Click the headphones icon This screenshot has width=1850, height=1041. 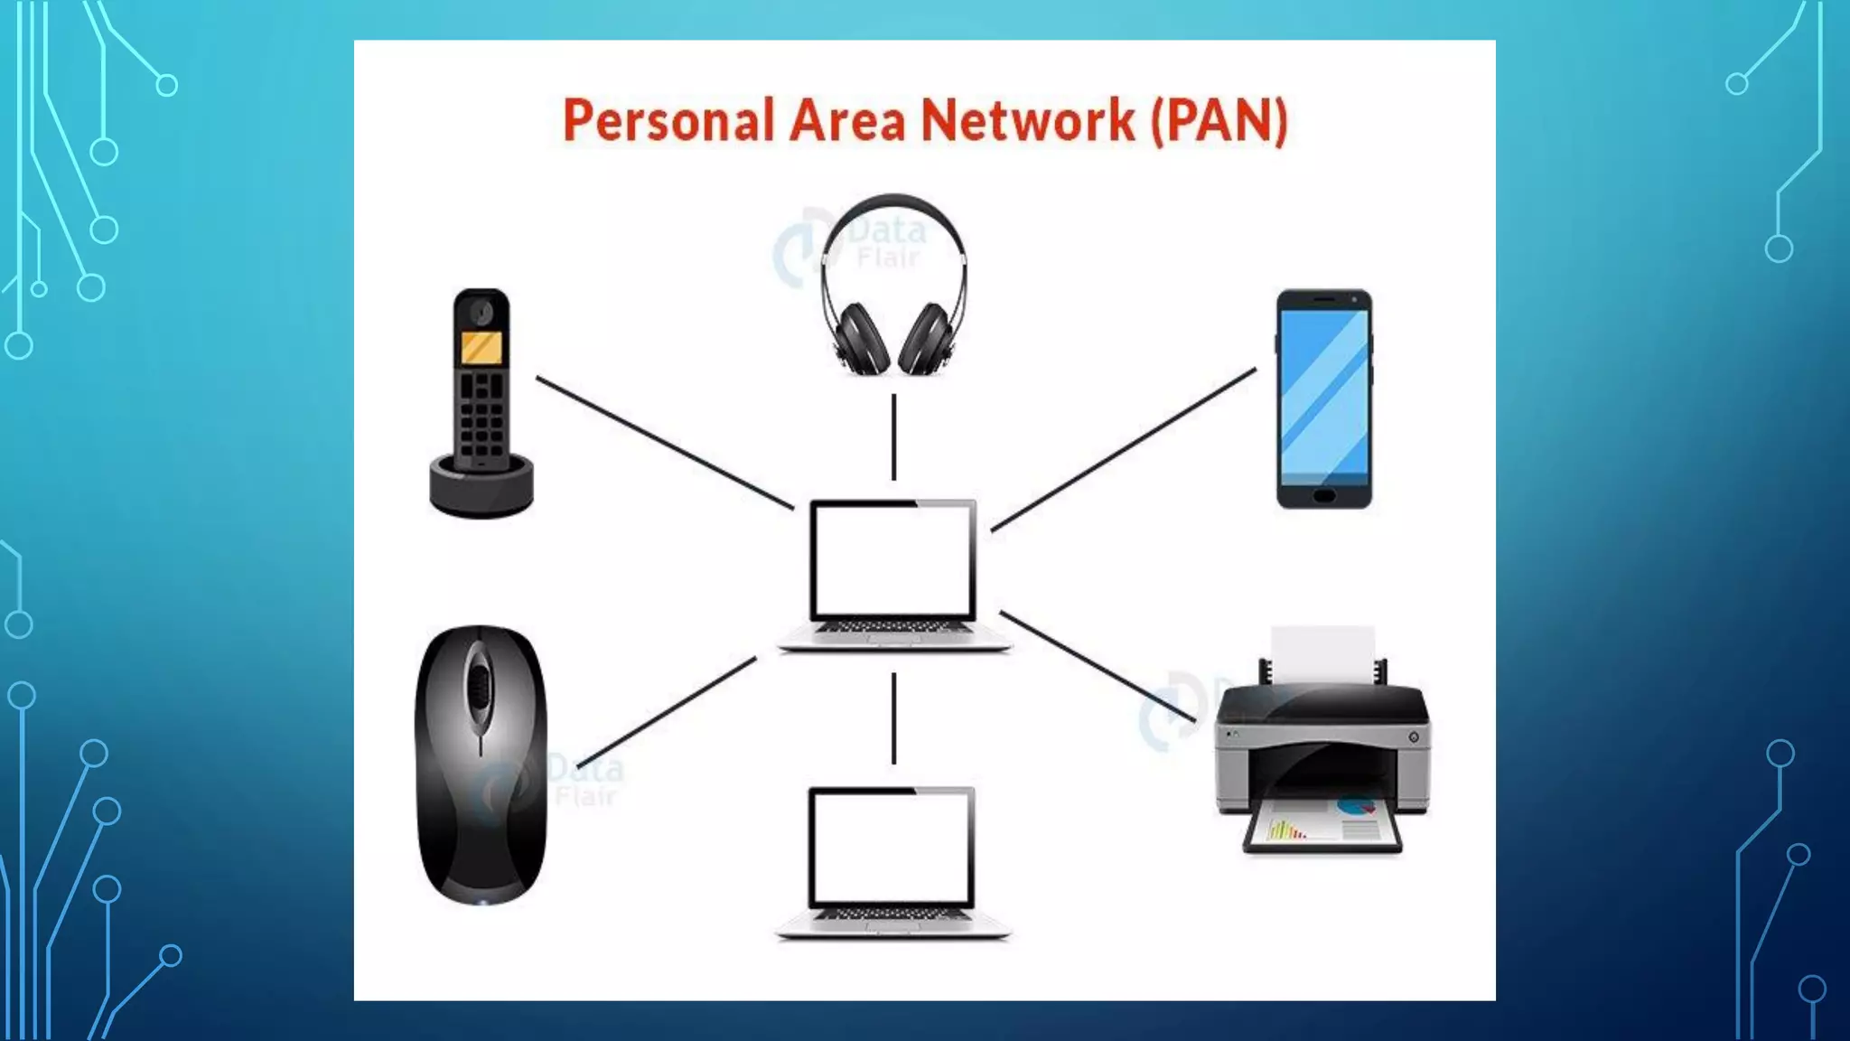pos(892,285)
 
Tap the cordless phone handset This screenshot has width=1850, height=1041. pos(481,380)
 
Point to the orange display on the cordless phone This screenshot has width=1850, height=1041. pos(481,348)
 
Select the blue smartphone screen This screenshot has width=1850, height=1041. pos(1324,393)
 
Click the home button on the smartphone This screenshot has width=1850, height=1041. pos(1323,496)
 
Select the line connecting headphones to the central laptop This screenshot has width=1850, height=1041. pos(893,436)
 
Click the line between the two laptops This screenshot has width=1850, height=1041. pos(893,718)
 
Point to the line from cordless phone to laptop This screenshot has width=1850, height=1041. pos(664,443)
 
